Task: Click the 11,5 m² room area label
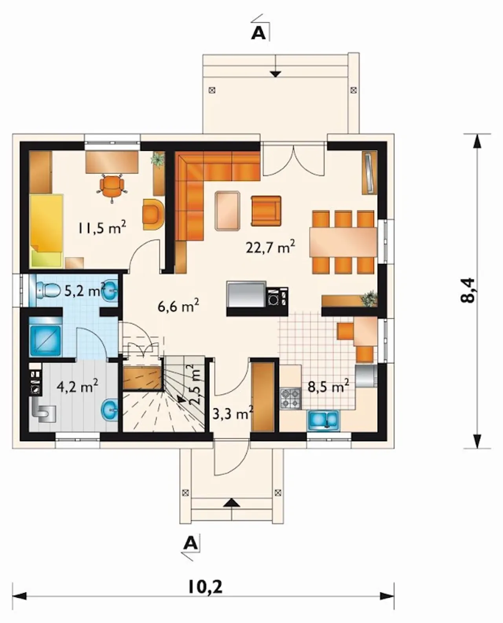(102, 227)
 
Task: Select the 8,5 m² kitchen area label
(328, 387)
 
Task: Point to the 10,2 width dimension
(206, 586)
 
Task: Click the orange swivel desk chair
(112, 187)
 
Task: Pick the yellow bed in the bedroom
(46, 231)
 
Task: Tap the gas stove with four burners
(290, 398)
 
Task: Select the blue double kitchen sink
(323, 420)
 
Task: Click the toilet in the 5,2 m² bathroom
(47, 289)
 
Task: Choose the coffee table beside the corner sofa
(228, 211)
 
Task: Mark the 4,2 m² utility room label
(77, 387)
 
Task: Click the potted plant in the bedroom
(158, 159)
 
